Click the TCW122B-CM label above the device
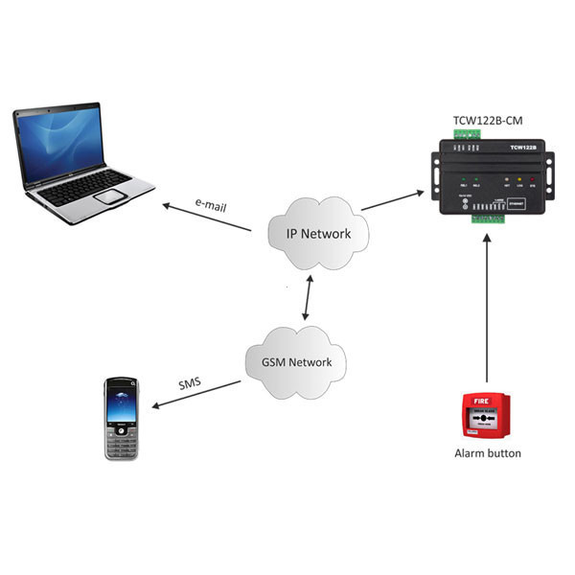[x=487, y=121]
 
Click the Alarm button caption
[x=487, y=452]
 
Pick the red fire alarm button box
[x=487, y=414]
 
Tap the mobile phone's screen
[x=123, y=403]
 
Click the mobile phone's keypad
[x=122, y=442]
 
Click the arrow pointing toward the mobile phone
[x=197, y=391]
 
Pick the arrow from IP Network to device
[x=393, y=202]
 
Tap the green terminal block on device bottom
[x=488, y=218]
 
